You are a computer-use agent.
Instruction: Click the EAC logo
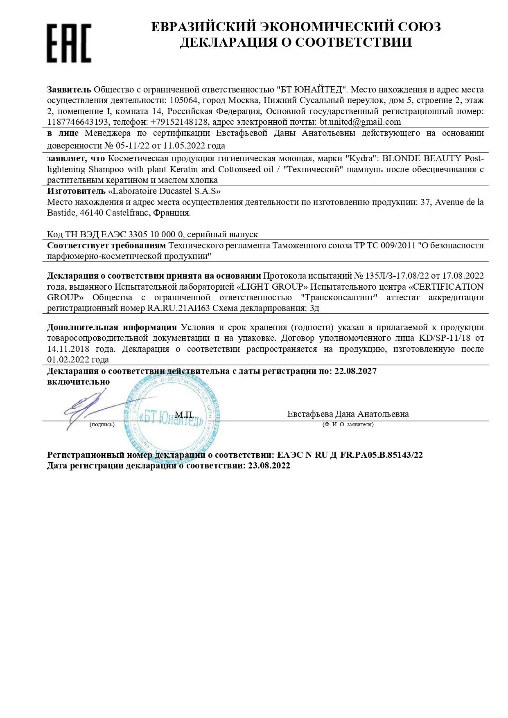(x=68, y=43)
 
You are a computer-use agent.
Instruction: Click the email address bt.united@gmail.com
(x=360, y=122)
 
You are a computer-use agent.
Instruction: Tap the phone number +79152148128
(x=180, y=122)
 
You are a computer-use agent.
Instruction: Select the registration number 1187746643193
(x=78, y=122)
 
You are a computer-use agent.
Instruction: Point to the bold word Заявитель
(x=69, y=90)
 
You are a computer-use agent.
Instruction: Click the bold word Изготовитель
(x=76, y=191)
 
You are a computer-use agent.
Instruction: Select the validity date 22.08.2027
(x=355, y=371)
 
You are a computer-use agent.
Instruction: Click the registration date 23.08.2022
(x=269, y=466)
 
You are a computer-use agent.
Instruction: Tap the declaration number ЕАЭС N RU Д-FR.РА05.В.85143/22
(x=350, y=455)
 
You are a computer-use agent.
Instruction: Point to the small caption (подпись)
(x=102, y=425)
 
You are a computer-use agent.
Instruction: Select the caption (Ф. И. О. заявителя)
(x=348, y=425)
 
